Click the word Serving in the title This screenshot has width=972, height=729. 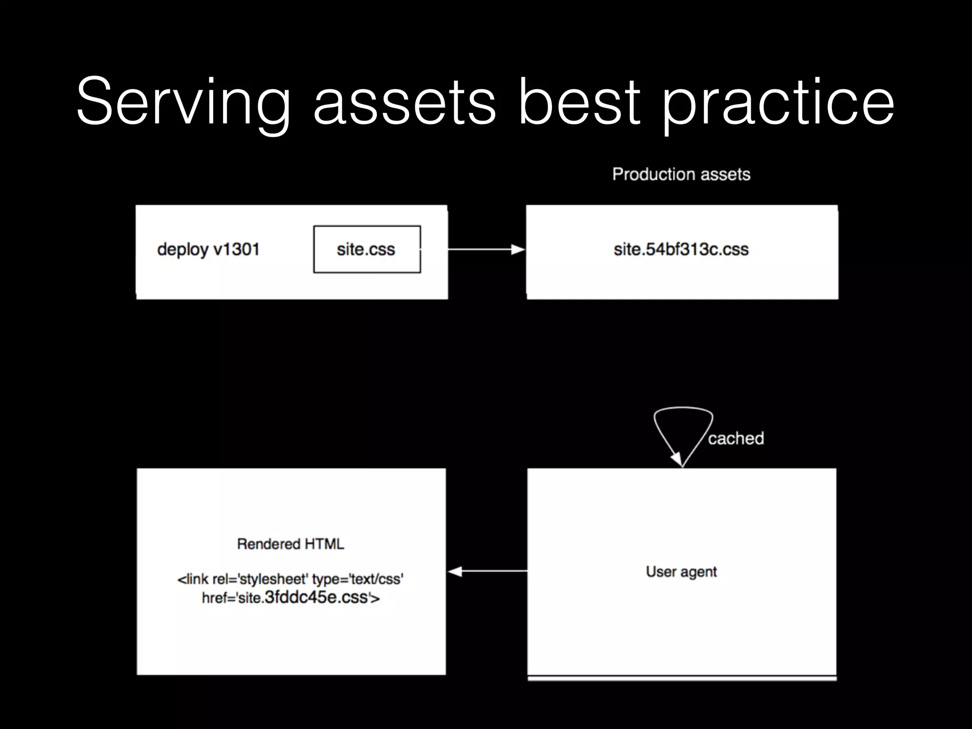click(183, 102)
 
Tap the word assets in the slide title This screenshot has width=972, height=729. click(404, 102)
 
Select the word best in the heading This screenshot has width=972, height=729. click(579, 102)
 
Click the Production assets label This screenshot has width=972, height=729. click(681, 174)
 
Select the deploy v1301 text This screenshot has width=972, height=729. click(208, 249)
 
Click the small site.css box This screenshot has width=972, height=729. click(366, 249)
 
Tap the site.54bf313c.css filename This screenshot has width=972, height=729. click(681, 249)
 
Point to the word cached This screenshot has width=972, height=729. click(736, 438)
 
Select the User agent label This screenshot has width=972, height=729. click(681, 571)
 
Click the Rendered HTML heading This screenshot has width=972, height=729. click(290, 544)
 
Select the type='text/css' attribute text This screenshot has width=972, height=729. click(357, 579)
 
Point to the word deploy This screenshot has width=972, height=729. click(183, 249)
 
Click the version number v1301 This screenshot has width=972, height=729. click(236, 249)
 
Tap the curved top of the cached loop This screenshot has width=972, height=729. click(683, 408)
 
